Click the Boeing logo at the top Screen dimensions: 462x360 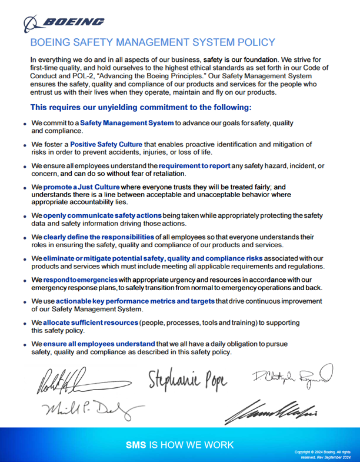pos(64,22)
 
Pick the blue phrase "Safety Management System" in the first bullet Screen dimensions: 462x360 pos(126,122)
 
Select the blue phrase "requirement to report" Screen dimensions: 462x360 pos(194,166)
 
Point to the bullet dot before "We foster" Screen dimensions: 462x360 pos(25,145)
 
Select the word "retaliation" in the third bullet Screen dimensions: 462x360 pos(165,174)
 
